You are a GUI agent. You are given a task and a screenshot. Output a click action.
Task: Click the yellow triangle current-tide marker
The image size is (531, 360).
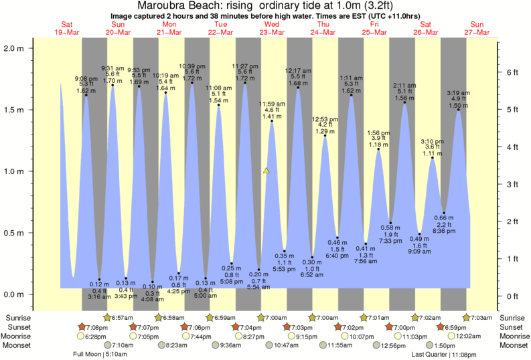tap(267, 171)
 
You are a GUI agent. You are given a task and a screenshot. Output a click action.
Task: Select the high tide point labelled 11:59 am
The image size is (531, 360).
tap(272, 121)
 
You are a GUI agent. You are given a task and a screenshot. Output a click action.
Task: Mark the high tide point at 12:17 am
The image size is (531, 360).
tap(298, 88)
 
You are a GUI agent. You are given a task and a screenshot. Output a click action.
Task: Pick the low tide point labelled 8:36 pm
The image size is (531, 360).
tap(444, 213)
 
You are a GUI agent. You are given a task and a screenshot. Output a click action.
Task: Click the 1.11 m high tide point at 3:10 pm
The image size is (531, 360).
tap(433, 158)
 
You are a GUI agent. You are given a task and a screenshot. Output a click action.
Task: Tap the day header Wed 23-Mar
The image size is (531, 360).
tap(273, 28)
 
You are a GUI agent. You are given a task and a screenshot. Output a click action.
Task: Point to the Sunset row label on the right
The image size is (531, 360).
tap(513, 327)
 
